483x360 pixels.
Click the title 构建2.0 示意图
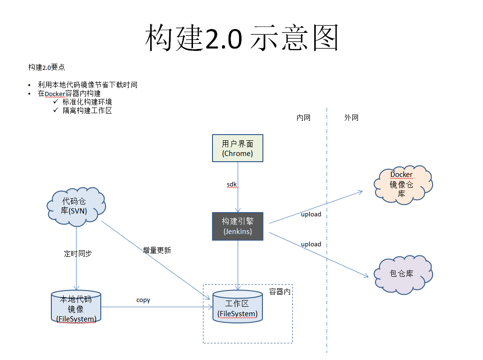pyautogui.click(x=241, y=38)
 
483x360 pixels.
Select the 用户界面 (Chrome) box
pyautogui.click(x=237, y=148)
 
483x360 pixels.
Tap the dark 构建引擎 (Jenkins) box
pyautogui.click(x=237, y=226)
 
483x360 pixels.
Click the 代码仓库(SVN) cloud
pyautogui.click(x=76, y=206)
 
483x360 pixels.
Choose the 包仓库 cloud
pyautogui.click(x=402, y=274)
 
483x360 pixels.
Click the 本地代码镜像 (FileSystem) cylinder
pyautogui.click(x=76, y=308)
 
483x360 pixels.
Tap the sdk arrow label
pyautogui.click(x=232, y=184)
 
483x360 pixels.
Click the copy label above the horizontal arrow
pyautogui.click(x=143, y=300)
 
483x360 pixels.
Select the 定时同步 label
pyautogui.click(x=78, y=253)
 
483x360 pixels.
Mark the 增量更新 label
pyautogui.click(x=157, y=250)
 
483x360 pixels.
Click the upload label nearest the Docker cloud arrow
pyautogui.click(x=311, y=214)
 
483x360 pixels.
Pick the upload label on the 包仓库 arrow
pyautogui.click(x=311, y=244)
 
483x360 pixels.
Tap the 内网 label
pyautogui.click(x=303, y=118)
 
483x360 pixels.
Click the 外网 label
pyautogui.click(x=351, y=118)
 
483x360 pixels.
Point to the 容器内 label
pyautogui.click(x=280, y=292)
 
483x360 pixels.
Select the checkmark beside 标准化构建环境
pyautogui.click(x=56, y=101)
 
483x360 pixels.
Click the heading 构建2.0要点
pyautogui.click(x=47, y=68)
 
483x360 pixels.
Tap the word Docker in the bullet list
pyautogui.click(x=54, y=94)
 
